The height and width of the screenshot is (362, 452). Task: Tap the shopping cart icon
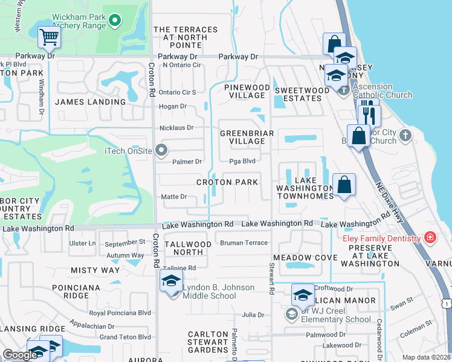49,37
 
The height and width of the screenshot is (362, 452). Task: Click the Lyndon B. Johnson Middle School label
210,291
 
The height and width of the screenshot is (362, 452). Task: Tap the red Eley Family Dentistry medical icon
430,238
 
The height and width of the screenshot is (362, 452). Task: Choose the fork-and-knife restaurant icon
369,115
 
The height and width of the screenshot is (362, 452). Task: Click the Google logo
19,355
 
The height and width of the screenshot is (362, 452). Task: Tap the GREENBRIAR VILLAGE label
247,137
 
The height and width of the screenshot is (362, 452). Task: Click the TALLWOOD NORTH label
189,248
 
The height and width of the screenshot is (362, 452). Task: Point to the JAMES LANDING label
90,102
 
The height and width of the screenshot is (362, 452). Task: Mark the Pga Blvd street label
242,161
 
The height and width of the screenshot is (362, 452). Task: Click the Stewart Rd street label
273,278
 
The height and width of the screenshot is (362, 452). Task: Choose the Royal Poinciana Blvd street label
120,313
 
